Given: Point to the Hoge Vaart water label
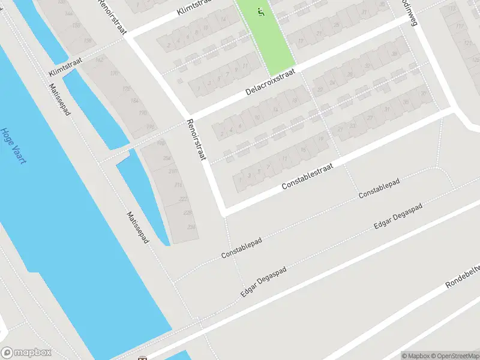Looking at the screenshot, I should coord(13,146).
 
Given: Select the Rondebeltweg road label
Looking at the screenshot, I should coord(463,277).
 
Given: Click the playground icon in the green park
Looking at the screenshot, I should coord(260,11).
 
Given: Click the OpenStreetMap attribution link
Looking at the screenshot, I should coord(452,356).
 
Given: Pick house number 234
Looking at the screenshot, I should coord(191,226).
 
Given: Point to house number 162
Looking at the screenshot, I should coord(100,60).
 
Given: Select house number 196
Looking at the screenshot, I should coord(151,127).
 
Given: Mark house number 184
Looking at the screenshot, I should coord(134,100).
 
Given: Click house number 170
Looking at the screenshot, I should coord(114,74).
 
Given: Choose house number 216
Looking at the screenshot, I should coord(178,185).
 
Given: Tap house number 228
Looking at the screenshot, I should coord(187,212).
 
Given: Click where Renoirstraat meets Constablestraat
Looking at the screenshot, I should coord(221,211).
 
